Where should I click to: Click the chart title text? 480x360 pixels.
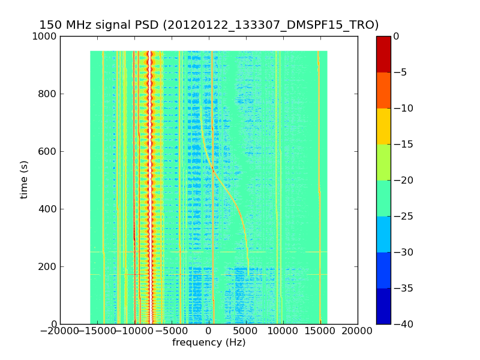[x=209, y=25]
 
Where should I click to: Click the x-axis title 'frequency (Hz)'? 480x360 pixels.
[x=209, y=343]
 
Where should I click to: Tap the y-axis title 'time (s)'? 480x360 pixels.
[x=25, y=179]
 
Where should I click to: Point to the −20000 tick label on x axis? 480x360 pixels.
[x=59, y=331]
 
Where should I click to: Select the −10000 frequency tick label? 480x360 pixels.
[x=134, y=331]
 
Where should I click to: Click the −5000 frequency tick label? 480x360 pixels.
[x=171, y=331]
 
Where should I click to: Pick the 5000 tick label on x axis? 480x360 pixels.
[x=246, y=331]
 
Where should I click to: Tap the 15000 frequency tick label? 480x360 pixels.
[x=320, y=331]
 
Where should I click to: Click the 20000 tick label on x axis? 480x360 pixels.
[x=358, y=331]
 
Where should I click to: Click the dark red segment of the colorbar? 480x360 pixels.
[x=383, y=54]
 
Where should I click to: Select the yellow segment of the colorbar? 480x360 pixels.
[x=383, y=126]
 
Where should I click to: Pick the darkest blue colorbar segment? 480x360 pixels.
[x=383, y=306]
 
